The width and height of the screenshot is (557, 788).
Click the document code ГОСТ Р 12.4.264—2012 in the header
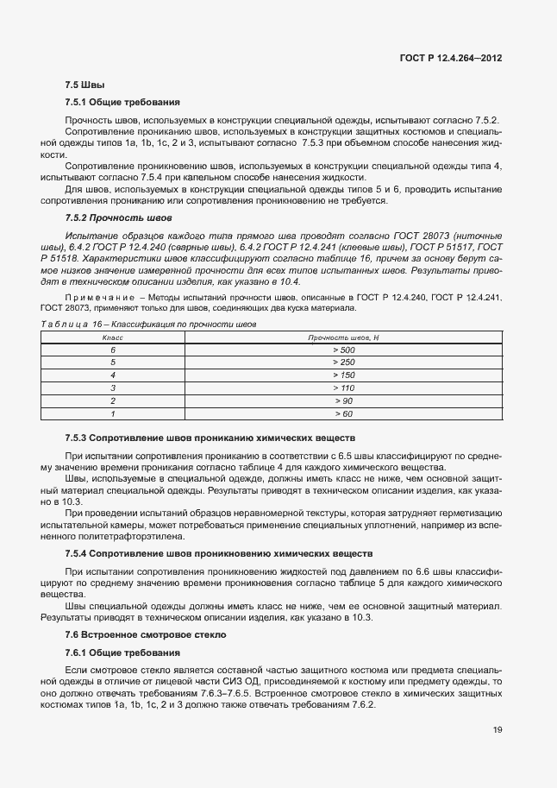click(451, 58)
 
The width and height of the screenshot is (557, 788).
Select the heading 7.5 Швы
click(85, 85)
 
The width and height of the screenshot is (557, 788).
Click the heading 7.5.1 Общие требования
click(122, 102)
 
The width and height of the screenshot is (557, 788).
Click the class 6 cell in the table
click(113, 350)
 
